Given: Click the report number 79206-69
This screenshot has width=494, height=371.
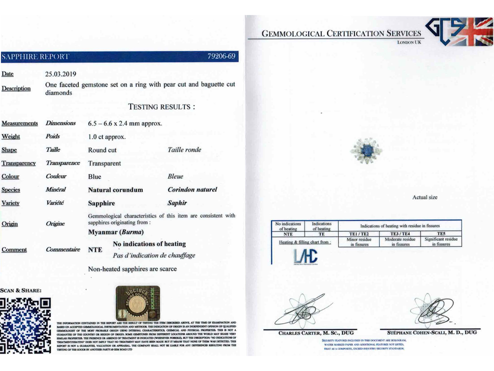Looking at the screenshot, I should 221,57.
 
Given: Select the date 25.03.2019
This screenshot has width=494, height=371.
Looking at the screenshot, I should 61,74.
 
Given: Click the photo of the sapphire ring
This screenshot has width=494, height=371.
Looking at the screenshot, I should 366,151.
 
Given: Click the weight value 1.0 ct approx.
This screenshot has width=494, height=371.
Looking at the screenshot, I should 107,137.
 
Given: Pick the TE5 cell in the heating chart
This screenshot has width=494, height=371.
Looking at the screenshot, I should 441,234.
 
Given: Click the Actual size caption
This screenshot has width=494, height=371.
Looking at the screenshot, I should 425,198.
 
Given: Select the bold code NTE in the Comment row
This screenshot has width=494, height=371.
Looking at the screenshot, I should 95,250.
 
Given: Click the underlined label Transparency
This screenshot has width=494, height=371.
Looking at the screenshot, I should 18,163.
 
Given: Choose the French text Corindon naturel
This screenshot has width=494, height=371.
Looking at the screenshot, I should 192,190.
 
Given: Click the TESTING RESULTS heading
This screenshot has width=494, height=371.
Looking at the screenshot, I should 162,107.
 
